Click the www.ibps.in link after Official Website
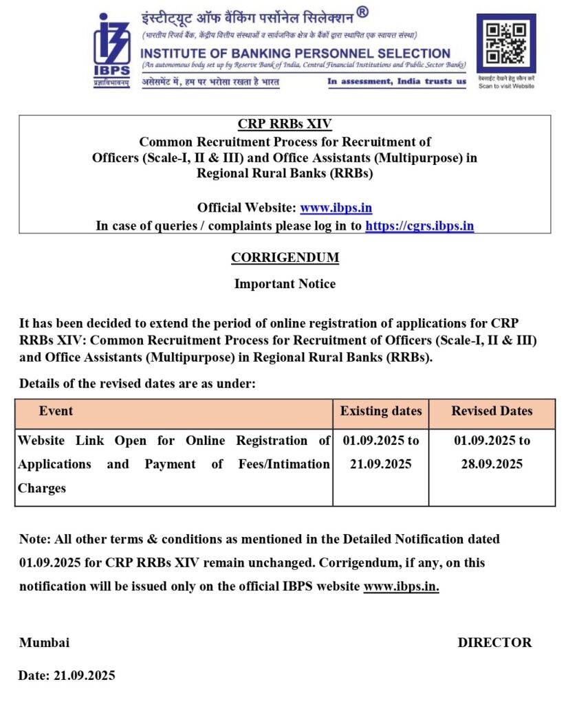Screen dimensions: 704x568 pos(336,207)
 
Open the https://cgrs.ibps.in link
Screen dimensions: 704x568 pos(419,225)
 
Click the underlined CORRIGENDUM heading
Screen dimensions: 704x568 pos(285,258)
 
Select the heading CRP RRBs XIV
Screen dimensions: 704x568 pos(285,124)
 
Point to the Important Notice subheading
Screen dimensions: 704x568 pos(285,283)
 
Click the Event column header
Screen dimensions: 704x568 pos(56,411)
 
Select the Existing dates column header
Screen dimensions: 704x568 pos(381,411)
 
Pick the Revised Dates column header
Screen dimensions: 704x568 pos(492,411)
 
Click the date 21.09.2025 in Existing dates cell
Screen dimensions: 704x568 pos(381,464)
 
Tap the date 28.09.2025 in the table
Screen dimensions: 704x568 pos(492,464)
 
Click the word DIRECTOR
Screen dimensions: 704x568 pos(494,643)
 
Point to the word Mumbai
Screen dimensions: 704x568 pos(44,643)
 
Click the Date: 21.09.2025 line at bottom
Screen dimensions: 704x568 pos(67,675)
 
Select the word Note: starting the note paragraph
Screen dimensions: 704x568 pos(35,539)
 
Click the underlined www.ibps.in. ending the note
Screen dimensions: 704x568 pos(401,586)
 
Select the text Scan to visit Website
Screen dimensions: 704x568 pos(506,86)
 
